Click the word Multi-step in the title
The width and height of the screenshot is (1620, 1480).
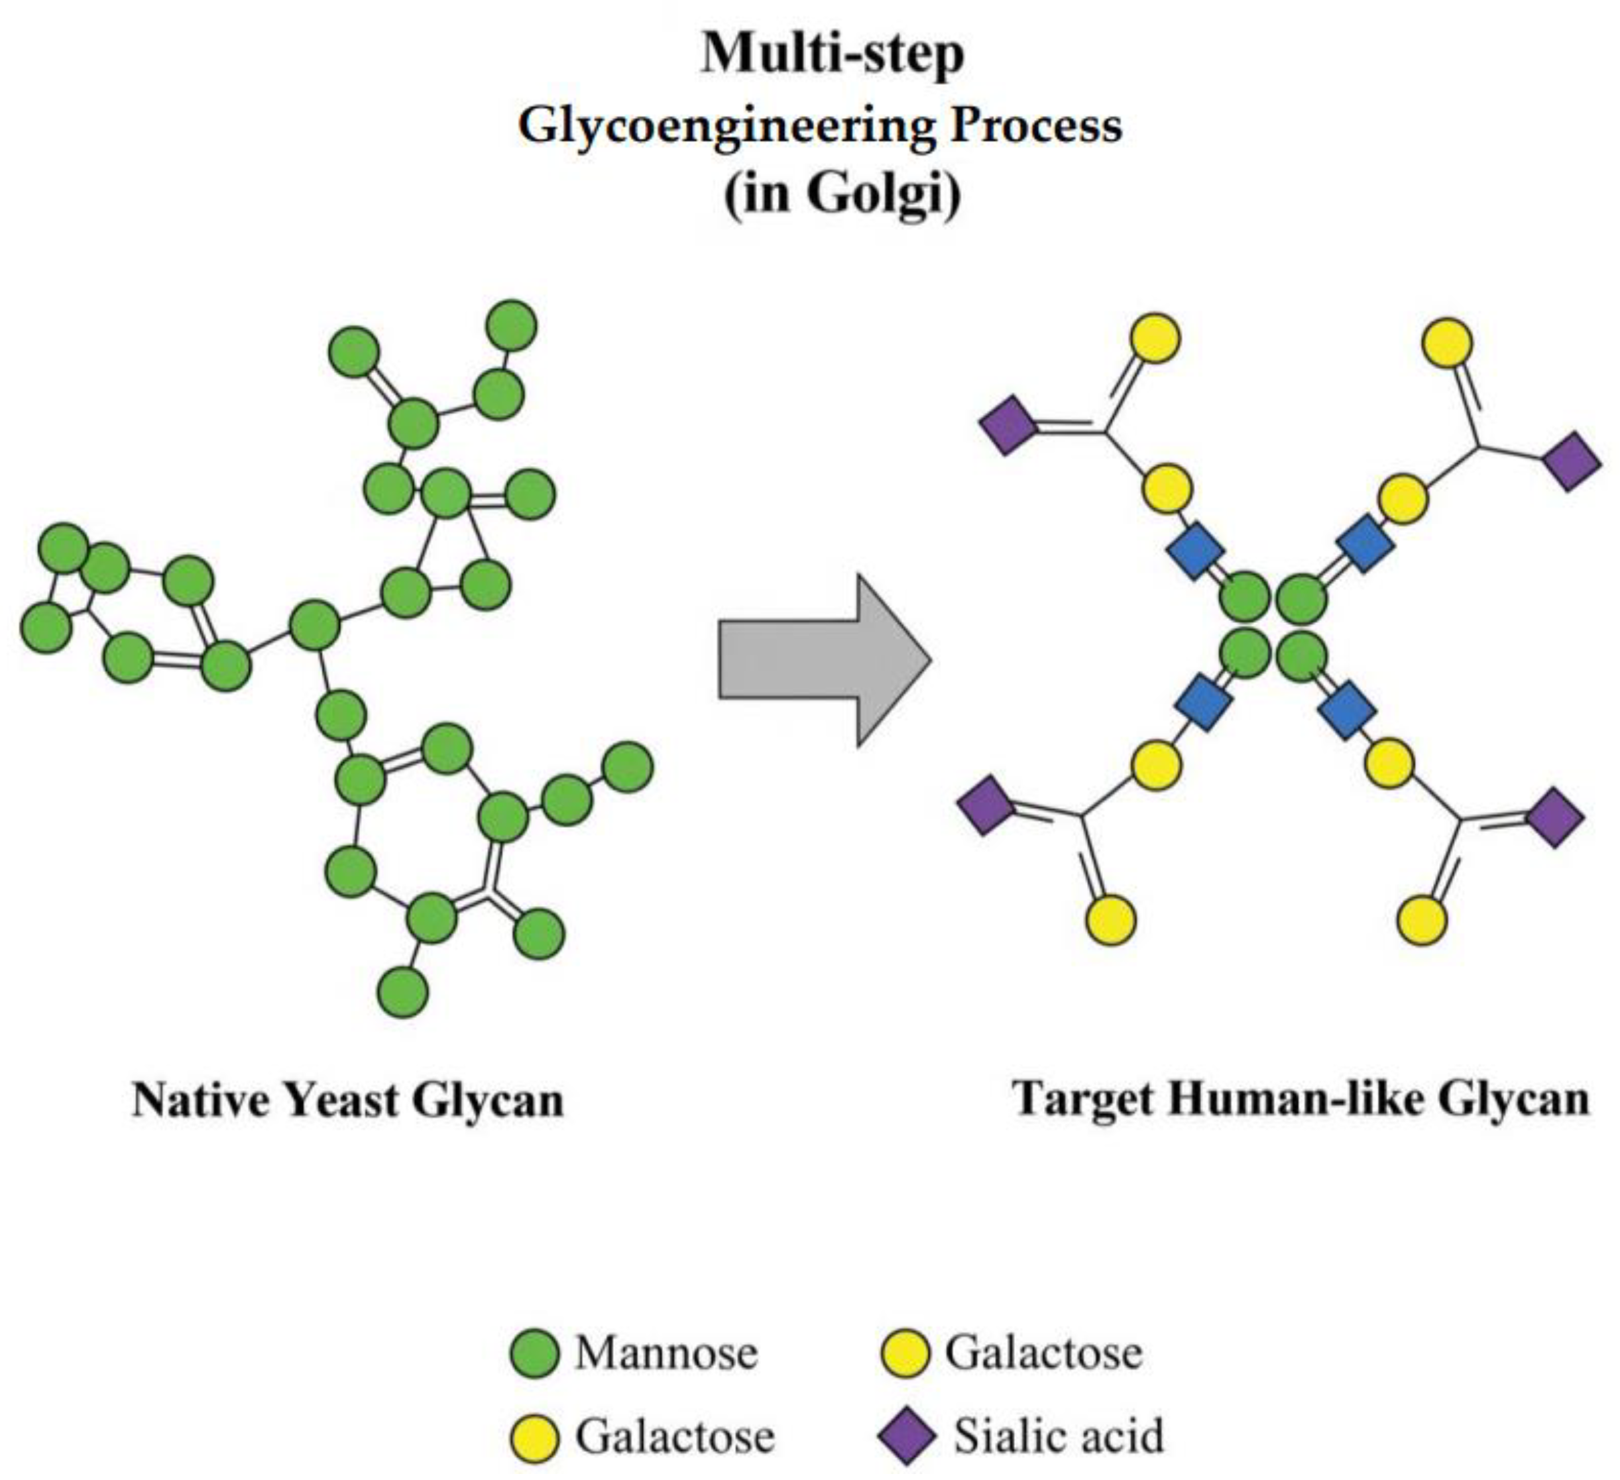click(x=833, y=54)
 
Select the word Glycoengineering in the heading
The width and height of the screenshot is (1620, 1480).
click(x=727, y=126)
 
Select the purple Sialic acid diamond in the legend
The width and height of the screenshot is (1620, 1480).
click(x=905, y=1436)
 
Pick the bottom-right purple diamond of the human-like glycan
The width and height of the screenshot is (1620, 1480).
click(x=1555, y=818)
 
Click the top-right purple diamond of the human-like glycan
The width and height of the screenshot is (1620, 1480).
click(x=1572, y=461)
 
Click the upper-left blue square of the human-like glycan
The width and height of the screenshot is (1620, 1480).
click(x=1196, y=550)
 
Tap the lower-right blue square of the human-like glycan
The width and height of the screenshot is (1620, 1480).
click(x=1348, y=709)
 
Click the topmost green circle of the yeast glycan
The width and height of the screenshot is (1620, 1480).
click(x=512, y=325)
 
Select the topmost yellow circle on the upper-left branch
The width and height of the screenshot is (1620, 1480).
click(x=1155, y=337)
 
